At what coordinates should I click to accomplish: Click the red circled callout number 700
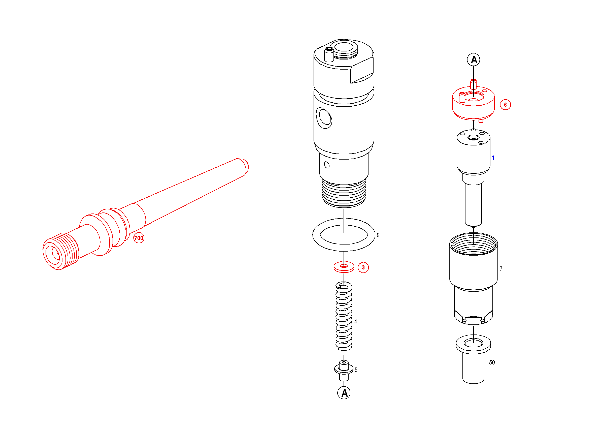click(139, 238)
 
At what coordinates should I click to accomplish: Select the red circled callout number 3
click(363, 267)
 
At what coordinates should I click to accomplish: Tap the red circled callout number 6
click(505, 105)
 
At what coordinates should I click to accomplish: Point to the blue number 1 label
click(493, 158)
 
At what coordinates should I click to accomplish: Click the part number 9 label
click(378, 235)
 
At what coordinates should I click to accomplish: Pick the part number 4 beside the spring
click(356, 322)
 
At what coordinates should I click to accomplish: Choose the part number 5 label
click(356, 370)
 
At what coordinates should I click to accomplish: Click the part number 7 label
click(501, 269)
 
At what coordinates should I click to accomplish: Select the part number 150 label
click(490, 363)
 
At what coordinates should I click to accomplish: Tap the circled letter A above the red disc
click(474, 59)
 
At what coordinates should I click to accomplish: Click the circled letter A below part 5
click(344, 393)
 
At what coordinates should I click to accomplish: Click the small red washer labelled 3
click(344, 267)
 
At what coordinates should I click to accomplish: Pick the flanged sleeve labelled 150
click(473, 359)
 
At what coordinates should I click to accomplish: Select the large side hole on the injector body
click(324, 118)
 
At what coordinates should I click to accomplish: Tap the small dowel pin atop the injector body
click(329, 54)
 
